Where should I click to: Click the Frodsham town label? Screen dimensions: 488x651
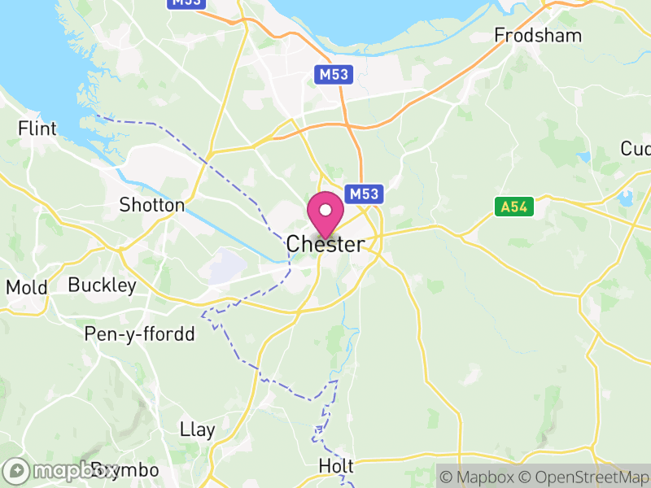point(539,36)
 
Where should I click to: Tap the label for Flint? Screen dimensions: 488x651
point(37,129)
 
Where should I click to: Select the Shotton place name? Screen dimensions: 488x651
point(152,205)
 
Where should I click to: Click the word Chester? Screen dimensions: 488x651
point(325,243)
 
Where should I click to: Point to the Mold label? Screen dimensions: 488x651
point(27,287)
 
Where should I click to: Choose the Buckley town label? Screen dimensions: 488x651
point(103,285)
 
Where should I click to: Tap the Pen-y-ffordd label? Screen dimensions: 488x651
point(140,334)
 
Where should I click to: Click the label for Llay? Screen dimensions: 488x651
point(196,429)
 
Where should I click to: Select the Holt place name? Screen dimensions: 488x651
point(336,466)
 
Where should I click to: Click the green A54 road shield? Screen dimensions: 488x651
point(514,207)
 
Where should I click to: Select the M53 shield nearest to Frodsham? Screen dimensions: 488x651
point(334,75)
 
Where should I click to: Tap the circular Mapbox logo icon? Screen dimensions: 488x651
point(17,471)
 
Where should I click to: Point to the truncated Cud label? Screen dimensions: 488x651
point(636,149)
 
